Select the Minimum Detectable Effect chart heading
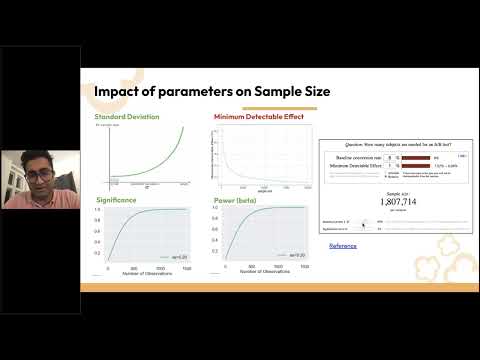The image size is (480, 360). pyautogui.click(x=257, y=117)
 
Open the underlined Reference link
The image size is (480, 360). pyautogui.click(x=343, y=245)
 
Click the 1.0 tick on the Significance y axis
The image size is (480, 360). pyautogui.click(x=100, y=208)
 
